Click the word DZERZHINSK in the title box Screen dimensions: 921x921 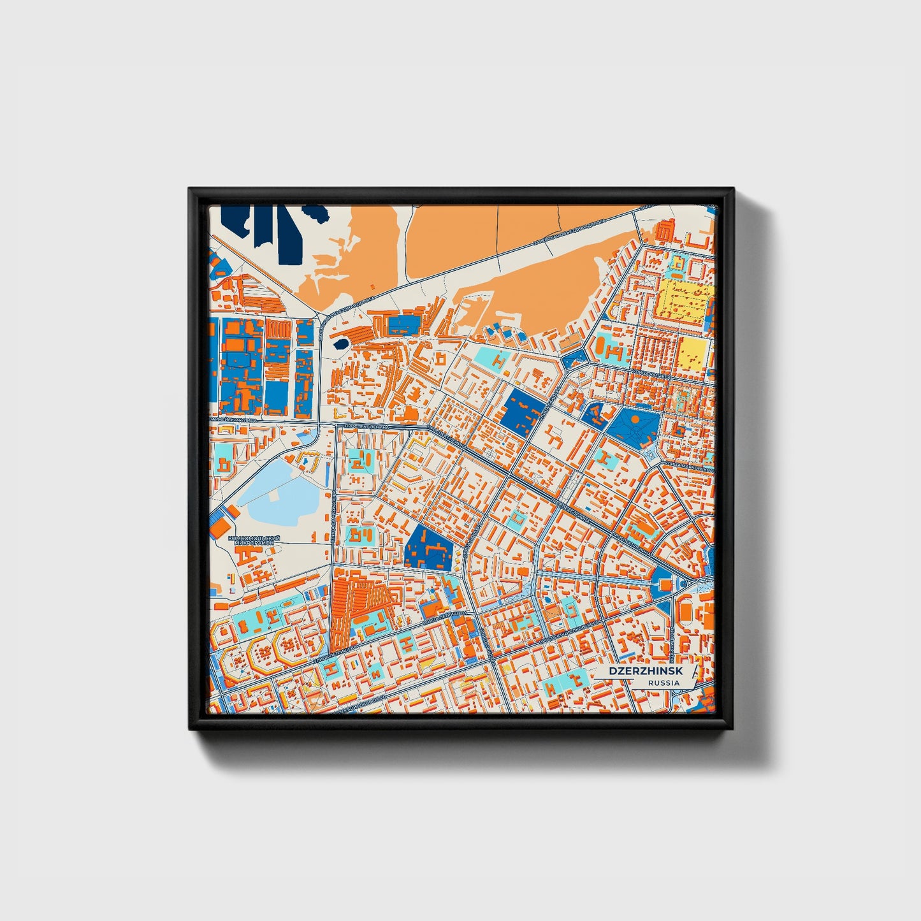tap(644, 671)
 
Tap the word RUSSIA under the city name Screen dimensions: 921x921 tap(664, 683)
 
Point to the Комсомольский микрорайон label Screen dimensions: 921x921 tap(254, 540)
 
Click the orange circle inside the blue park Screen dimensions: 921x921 tap(635, 419)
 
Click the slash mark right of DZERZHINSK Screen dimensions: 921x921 tap(695, 672)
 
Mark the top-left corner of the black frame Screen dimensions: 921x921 tap(190, 189)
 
